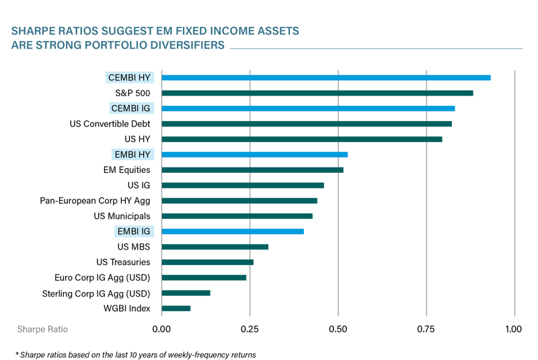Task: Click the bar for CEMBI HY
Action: (x=326, y=77)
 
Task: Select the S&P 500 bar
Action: (x=317, y=93)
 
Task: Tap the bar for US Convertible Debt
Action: (x=307, y=124)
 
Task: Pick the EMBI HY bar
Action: (x=255, y=155)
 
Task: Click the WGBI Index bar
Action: (x=176, y=308)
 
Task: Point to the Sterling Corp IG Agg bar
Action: (x=186, y=293)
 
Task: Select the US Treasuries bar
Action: (x=208, y=262)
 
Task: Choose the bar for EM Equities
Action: (x=253, y=170)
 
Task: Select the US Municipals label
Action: (x=122, y=216)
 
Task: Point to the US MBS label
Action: (x=133, y=247)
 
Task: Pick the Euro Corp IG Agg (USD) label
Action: (x=102, y=277)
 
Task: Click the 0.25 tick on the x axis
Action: (x=250, y=330)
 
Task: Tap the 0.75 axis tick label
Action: (x=426, y=330)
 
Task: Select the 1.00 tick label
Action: (x=513, y=330)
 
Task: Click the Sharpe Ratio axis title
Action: (x=42, y=330)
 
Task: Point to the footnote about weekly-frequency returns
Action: (x=135, y=354)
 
